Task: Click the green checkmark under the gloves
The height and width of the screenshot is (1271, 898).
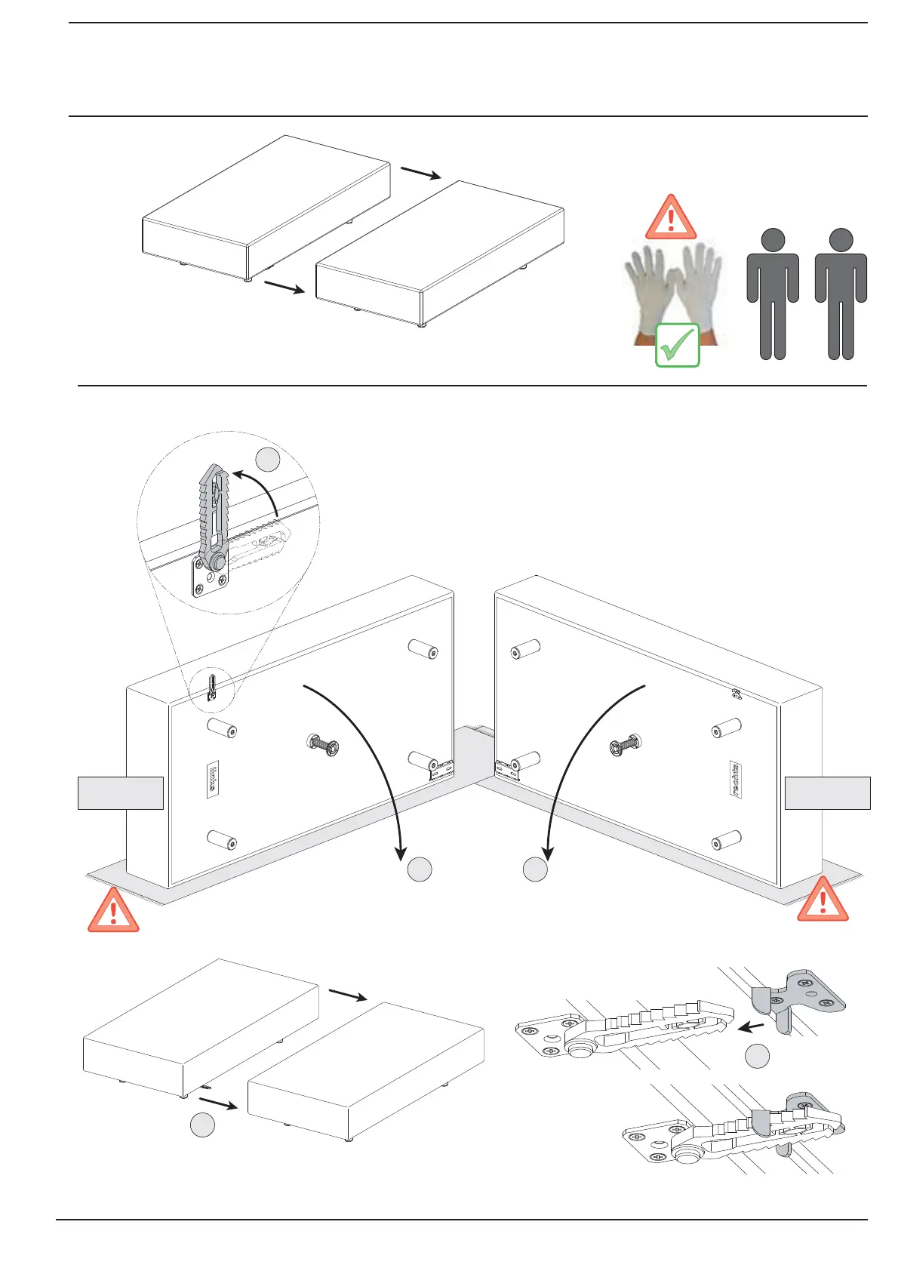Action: (x=677, y=346)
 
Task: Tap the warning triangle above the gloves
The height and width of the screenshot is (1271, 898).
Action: (x=670, y=218)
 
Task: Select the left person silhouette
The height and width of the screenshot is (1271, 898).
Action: (x=773, y=294)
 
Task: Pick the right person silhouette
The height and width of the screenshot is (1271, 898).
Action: (x=841, y=294)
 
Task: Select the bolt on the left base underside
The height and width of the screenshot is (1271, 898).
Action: (x=323, y=746)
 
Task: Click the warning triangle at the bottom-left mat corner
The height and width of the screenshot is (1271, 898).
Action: (x=113, y=912)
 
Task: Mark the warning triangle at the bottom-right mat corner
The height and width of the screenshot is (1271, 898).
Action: (x=823, y=900)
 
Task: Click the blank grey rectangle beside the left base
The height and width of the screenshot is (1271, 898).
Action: (x=121, y=792)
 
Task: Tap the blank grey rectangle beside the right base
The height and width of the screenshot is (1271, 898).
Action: (x=827, y=792)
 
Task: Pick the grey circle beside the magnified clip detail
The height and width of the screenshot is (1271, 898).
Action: (x=268, y=460)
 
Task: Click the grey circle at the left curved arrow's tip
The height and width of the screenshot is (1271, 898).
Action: (x=420, y=869)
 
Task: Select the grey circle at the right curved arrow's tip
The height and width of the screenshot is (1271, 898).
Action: (x=535, y=869)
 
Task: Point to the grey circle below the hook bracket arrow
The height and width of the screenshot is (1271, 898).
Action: (x=757, y=1057)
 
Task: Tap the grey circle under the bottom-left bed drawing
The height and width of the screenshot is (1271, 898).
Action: (x=202, y=1125)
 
